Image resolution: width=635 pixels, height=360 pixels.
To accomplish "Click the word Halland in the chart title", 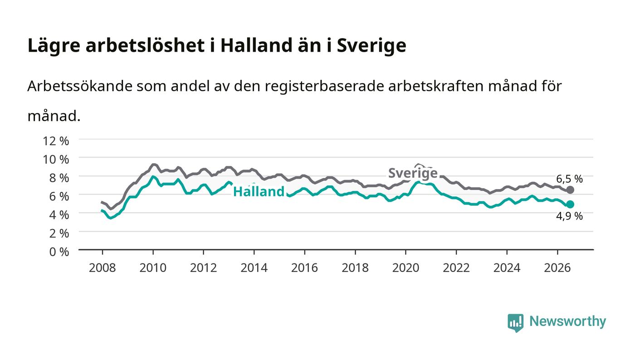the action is [256, 45].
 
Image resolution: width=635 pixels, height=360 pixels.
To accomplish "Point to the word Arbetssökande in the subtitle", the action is [80, 86].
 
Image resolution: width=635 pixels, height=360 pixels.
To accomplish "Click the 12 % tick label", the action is [55, 141].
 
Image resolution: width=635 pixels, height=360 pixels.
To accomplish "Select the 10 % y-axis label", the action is [55, 159].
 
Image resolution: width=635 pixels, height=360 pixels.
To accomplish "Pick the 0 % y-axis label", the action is [59, 252].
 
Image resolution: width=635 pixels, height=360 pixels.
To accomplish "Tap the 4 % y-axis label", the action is [59, 215].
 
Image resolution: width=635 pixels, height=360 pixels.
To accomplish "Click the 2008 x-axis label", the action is [103, 268].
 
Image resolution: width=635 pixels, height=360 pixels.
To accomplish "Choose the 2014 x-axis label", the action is [254, 268].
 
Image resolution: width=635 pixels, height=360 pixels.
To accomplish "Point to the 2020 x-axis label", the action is [405, 268].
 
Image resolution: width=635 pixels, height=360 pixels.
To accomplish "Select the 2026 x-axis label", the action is [557, 268].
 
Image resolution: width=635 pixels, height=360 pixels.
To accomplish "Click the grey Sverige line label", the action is [413, 173].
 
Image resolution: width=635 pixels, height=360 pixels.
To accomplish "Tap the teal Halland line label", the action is [259, 191].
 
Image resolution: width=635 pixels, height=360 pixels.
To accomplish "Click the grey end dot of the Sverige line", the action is [570, 190].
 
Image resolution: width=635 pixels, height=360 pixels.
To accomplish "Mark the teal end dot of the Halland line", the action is [570, 204].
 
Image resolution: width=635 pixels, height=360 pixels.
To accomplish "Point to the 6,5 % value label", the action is [569, 179].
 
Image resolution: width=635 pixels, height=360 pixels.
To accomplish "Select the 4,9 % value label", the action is [569, 216].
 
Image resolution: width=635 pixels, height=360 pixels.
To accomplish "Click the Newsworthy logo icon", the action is [515, 323].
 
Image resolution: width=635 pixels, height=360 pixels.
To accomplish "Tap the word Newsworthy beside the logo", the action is [567, 321].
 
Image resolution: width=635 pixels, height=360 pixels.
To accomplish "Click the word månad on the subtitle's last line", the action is [54, 116].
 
